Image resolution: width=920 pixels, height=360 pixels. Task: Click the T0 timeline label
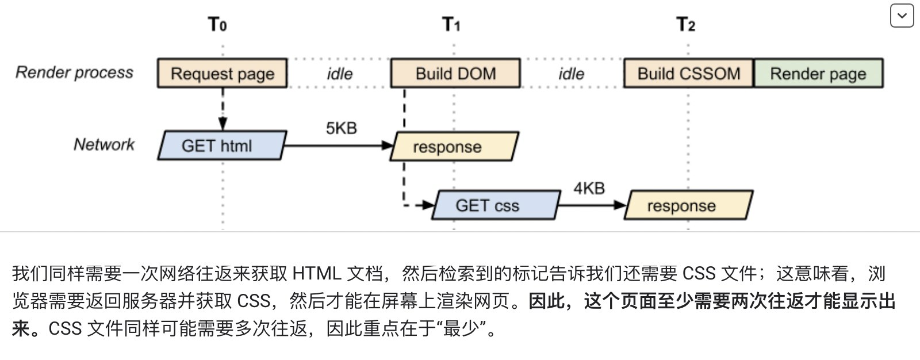pyautogui.click(x=217, y=25)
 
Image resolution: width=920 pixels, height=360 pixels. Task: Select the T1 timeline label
pyautogui.click(x=451, y=25)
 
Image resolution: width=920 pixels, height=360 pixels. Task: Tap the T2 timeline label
pyautogui.click(x=686, y=25)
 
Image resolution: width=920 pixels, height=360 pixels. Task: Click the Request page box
pyautogui.click(x=223, y=73)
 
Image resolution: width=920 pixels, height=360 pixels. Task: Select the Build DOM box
pyautogui.click(x=455, y=73)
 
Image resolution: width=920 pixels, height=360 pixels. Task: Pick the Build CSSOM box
pyautogui.click(x=688, y=73)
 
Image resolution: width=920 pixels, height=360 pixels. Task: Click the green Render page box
pyautogui.click(x=818, y=73)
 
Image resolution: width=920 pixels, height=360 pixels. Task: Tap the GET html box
pyautogui.click(x=222, y=145)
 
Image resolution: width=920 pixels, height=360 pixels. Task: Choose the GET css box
pyautogui.click(x=496, y=205)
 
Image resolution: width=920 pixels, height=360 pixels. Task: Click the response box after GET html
pyautogui.click(x=454, y=147)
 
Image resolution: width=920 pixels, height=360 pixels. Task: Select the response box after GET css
pyautogui.click(x=688, y=205)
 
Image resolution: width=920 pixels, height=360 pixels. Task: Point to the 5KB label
pyautogui.click(x=342, y=128)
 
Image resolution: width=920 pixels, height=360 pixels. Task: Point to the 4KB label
pyautogui.click(x=589, y=188)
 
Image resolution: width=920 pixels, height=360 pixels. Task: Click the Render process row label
pyautogui.click(x=74, y=72)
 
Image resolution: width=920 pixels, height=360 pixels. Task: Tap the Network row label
pyautogui.click(x=103, y=144)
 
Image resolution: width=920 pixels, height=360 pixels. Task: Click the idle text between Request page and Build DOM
pyautogui.click(x=340, y=74)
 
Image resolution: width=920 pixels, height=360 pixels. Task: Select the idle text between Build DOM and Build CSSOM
pyautogui.click(x=571, y=74)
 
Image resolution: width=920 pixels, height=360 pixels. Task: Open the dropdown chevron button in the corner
pyautogui.click(x=902, y=16)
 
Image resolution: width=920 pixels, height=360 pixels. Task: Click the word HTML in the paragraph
pyautogui.click(x=316, y=273)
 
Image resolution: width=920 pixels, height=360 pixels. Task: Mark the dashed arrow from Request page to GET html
pyautogui.click(x=223, y=109)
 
